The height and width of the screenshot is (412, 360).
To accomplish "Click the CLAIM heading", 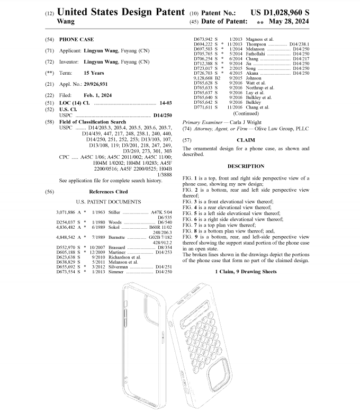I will point(245,140).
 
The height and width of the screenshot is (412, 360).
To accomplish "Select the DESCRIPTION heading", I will point(245,166).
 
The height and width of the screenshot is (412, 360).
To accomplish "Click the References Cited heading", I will point(108,192).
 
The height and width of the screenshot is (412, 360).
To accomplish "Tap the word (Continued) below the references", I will point(246,113).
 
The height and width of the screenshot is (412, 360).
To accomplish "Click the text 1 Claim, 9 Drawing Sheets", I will point(246,272).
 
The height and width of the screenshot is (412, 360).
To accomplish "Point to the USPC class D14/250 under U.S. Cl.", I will point(163,114).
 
